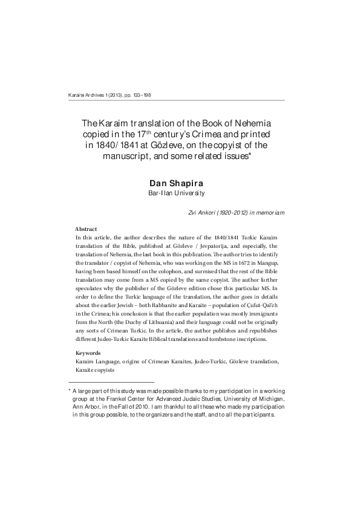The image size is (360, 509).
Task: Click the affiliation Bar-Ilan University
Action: click(x=176, y=193)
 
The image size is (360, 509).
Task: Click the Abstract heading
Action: click(x=87, y=229)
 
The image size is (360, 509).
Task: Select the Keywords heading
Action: click(x=88, y=352)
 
